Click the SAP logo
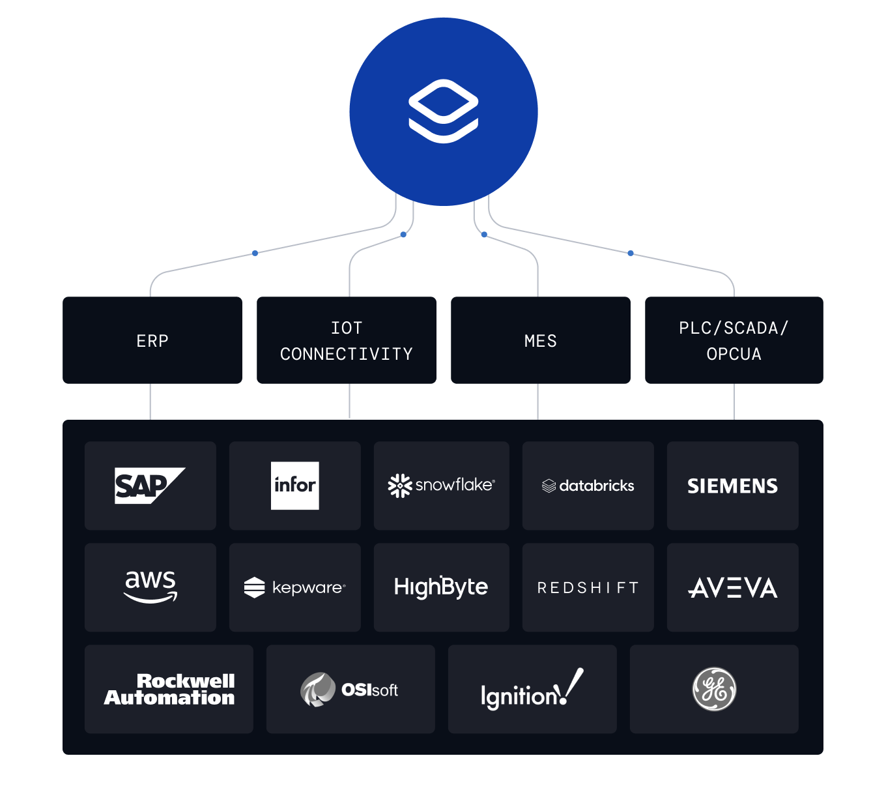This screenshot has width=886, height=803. coord(149,486)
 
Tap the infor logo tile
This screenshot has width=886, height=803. coord(295,486)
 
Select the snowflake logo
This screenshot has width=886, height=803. coord(441,486)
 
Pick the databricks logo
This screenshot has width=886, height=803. coord(588,486)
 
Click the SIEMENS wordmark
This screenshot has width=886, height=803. coord(732,486)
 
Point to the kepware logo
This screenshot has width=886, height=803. coord(294,587)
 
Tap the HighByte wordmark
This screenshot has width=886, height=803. coord(441,587)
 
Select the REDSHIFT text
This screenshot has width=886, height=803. coord(588,588)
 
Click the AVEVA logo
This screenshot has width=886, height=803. coord(732,588)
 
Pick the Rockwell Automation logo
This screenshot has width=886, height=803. coord(169,690)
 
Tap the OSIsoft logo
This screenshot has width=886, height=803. coord(350,690)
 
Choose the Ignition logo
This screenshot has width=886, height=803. coord(532,690)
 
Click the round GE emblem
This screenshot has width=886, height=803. coord(714,690)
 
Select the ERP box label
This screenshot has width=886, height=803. coord(152,341)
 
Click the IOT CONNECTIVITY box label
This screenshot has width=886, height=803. coord(347,341)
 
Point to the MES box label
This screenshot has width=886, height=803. coord(541,341)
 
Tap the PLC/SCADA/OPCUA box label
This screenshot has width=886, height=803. coord(734,341)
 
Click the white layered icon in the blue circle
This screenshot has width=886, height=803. coord(444,111)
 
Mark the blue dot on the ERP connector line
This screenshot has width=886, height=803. coord(255,253)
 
